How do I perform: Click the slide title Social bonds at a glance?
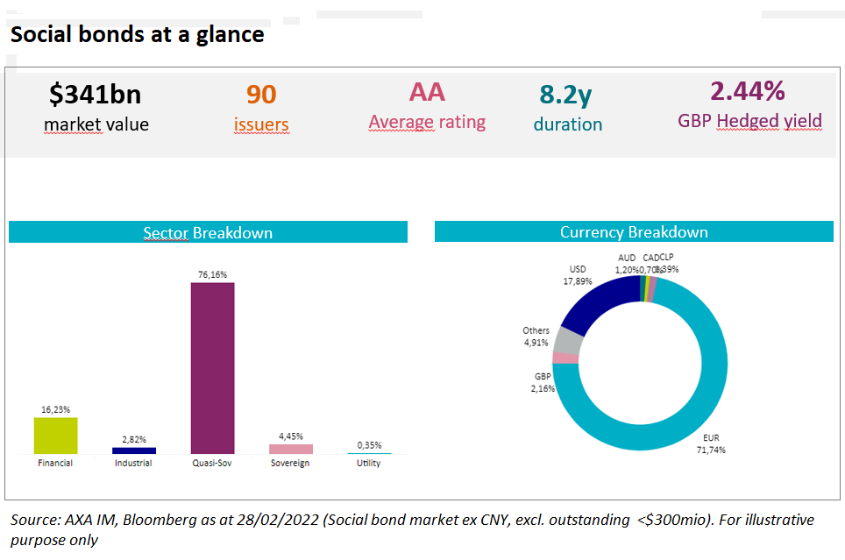tap(137, 34)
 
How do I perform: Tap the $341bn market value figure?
tap(96, 95)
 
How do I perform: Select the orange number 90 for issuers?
tap(260, 94)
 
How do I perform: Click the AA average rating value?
tap(427, 92)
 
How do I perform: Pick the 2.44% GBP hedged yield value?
tap(748, 91)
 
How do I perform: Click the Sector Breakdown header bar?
tap(208, 232)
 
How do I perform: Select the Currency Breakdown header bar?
tap(634, 232)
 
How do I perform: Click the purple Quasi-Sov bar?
tap(213, 367)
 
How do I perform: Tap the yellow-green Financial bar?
tap(55, 435)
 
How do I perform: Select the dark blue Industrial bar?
tap(134, 450)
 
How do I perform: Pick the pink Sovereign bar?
tap(291, 449)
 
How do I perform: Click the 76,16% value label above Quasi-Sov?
tap(212, 274)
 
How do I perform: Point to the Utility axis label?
tap(368, 463)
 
